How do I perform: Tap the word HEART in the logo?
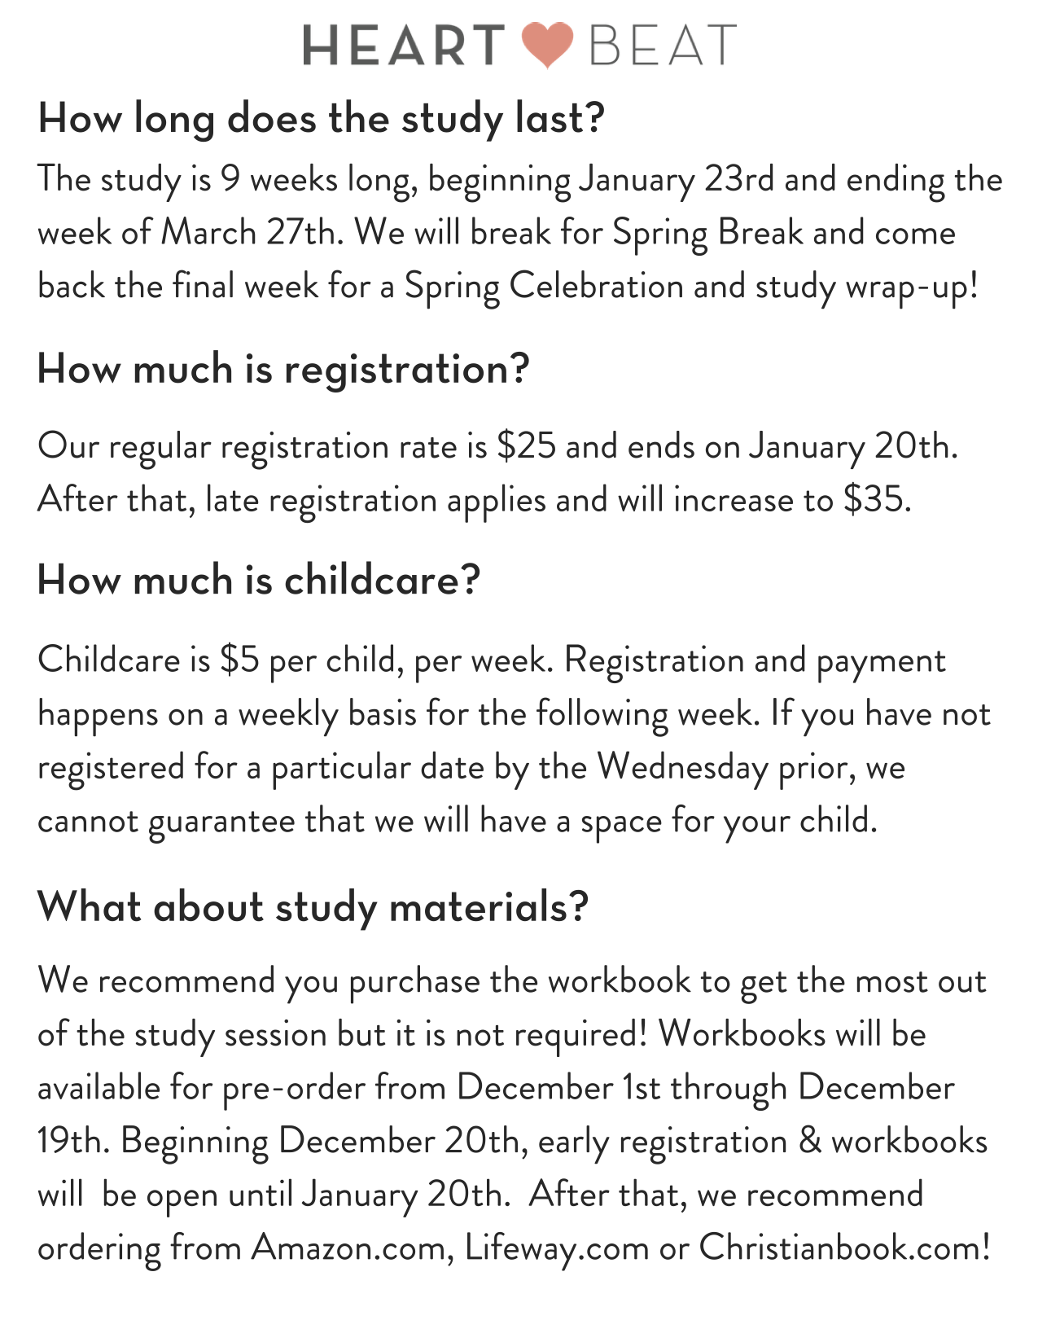[x=404, y=45]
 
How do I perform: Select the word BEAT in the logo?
[x=663, y=45]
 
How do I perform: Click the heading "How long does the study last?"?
[x=322, y=119]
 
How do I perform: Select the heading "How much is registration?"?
[x=283, y=370]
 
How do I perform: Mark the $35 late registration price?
[x=876, y=500]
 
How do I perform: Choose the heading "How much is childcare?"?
[x=259, y=581]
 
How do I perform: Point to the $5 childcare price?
[x=239, y=660]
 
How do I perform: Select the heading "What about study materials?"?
[x=313, y=906]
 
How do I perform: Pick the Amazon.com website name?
[x=353, y=1248]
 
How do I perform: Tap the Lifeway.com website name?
[x=557, y=1248]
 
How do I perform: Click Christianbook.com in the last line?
[x=844, y=1248]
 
